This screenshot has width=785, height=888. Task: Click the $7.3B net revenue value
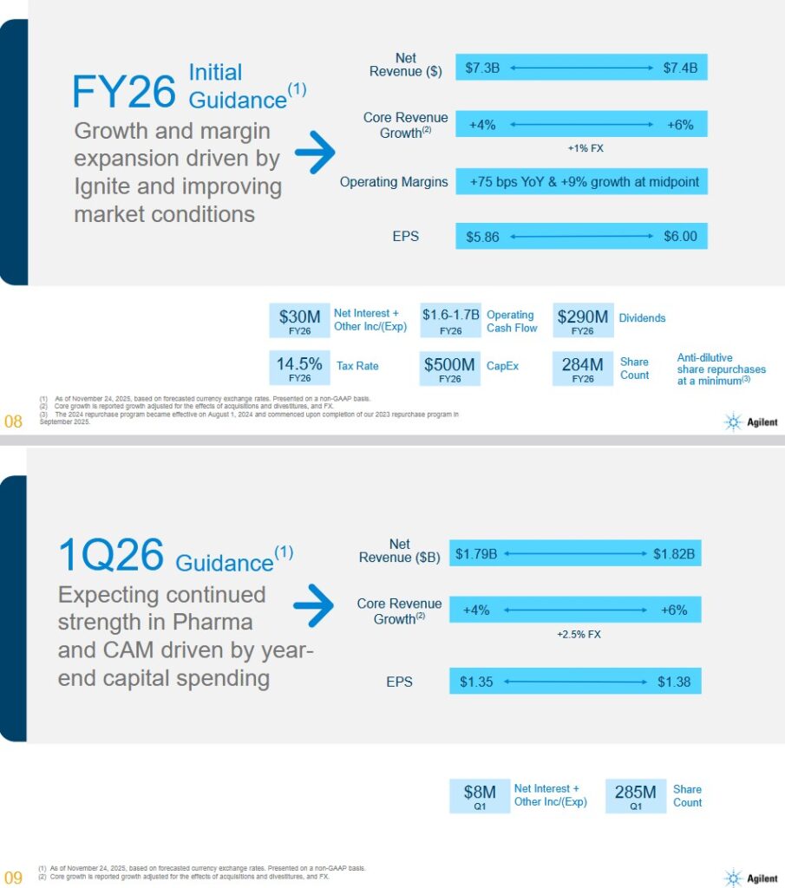482,68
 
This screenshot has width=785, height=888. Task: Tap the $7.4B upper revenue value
680,68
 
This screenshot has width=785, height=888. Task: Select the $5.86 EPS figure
482,237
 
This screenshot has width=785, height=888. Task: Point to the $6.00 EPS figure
680,237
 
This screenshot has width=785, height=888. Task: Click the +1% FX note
585,148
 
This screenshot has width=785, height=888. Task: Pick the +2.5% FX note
579,635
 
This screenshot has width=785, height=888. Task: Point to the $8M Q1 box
480,796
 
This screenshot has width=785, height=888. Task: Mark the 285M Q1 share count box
635,796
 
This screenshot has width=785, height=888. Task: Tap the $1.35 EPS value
476,682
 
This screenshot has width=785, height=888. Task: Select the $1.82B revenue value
674,554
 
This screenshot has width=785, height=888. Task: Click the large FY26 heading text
124,92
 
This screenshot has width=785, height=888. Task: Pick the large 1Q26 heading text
110,557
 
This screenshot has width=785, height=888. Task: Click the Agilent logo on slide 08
751,422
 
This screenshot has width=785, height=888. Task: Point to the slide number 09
13,877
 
